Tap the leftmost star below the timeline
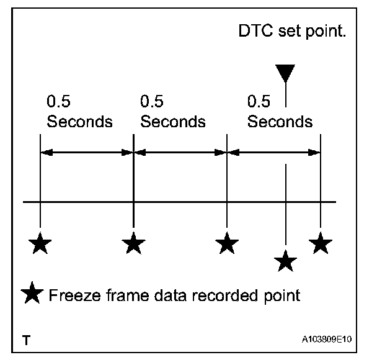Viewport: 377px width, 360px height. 40,243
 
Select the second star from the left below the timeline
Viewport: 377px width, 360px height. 133,243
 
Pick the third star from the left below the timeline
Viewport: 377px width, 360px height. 227,243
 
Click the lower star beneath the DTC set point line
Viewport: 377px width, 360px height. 285,260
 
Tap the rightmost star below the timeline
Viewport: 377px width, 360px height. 320,243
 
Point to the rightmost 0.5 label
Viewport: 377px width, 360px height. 259,101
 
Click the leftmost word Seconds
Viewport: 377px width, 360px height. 79,121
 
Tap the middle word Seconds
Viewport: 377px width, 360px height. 173,121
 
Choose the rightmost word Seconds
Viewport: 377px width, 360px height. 280,121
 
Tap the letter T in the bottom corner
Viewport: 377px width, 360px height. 26,340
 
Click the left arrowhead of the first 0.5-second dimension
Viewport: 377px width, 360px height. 45,151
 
